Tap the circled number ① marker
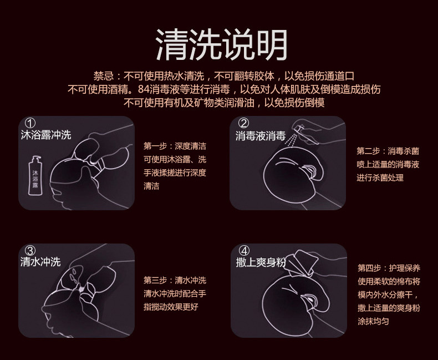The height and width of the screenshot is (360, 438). (30, 123)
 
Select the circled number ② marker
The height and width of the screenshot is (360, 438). (243, 123)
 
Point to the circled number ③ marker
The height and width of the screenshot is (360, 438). (30, 250)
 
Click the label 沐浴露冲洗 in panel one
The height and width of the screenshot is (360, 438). (45, 135)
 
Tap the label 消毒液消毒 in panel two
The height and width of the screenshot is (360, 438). (260, 136)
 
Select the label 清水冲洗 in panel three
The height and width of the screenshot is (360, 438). (40, 262)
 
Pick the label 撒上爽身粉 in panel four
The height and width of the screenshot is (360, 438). (261, 262)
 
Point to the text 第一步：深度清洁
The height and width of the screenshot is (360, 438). (175, 146)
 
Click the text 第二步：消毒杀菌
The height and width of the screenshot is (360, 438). (388, 151)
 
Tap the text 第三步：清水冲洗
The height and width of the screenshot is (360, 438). (175, 280)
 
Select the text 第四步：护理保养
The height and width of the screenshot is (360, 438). (388, 268)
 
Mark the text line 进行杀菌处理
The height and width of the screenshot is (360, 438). (380, 178)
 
